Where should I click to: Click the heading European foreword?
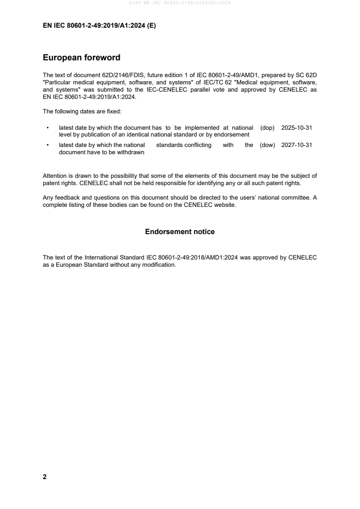(81, 58)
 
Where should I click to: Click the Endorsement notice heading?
(180, 232)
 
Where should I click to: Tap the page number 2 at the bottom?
(44, 477)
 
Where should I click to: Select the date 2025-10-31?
(296, 128)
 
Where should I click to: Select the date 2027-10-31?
(296, 145)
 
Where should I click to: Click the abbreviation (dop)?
(268, 128)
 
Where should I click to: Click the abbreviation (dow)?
(268, 145)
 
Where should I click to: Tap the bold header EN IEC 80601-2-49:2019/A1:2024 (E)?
(99, 26)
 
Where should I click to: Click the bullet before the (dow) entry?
(48, 146)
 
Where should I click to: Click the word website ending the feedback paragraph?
(225, 205)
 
